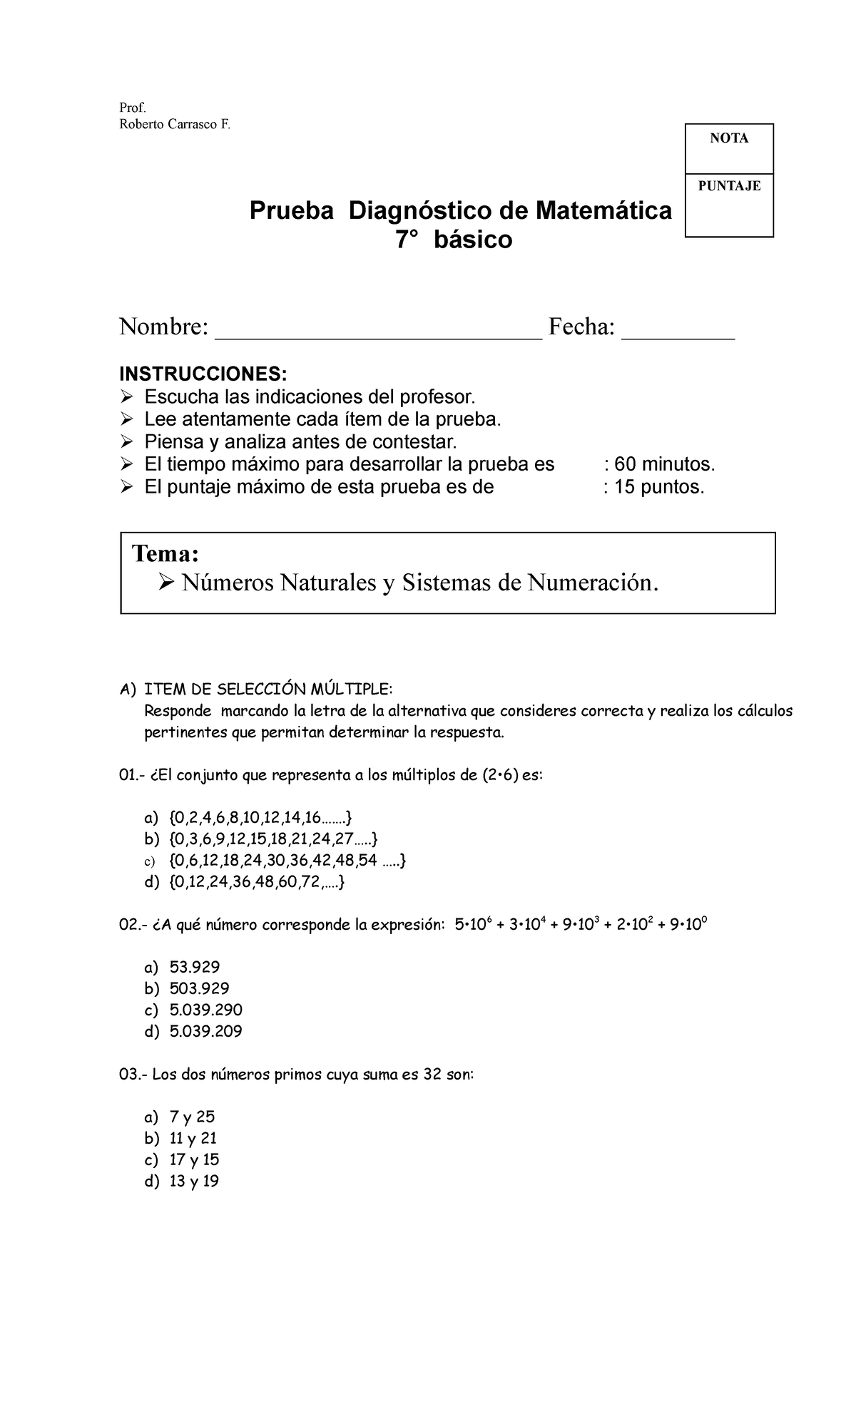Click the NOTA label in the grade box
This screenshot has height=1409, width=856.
click(728, 139)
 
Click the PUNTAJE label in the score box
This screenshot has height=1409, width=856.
click(729, 187)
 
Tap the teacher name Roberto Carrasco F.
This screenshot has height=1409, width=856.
click(175, 124)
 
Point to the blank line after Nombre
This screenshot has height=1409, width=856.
click(378, 329)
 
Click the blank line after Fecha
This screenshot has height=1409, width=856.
click(678, 329)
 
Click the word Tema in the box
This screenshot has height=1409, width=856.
click(165, 554)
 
